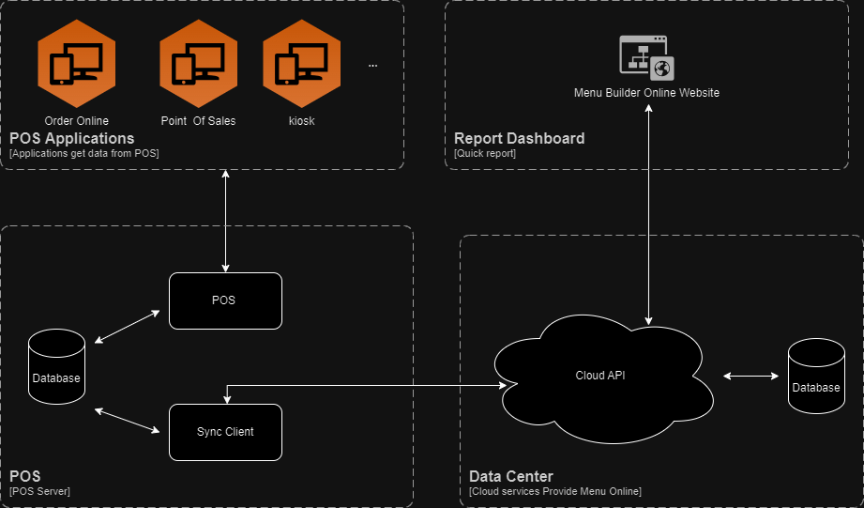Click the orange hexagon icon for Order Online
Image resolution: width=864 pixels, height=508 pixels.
(76, 64)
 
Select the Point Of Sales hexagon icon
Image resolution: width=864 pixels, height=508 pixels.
(197, 64)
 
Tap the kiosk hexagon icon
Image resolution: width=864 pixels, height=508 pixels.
(301, 64)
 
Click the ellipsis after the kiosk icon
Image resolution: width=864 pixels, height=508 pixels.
(372, 66)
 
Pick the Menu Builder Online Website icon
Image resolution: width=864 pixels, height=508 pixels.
(647, 56)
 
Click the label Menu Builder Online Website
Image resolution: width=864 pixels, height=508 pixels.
(647, 93)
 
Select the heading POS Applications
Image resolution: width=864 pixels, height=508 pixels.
(71, 138)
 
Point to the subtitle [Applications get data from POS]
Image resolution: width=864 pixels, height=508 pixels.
(84, 153)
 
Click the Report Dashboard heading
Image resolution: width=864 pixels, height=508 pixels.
(519, 138)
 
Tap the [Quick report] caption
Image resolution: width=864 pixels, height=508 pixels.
(485, 153)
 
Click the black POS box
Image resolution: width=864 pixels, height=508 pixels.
(225, 300)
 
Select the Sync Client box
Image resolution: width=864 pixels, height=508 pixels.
(225, 432)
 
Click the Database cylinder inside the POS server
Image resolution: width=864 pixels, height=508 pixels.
(56, 372)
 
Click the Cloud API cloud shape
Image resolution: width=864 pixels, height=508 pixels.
(600, 376)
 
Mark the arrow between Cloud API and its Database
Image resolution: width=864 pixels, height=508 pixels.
(751, 376)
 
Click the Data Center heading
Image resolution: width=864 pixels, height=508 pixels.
(511, 476)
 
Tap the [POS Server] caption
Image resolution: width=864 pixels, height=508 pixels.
(39, 491)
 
